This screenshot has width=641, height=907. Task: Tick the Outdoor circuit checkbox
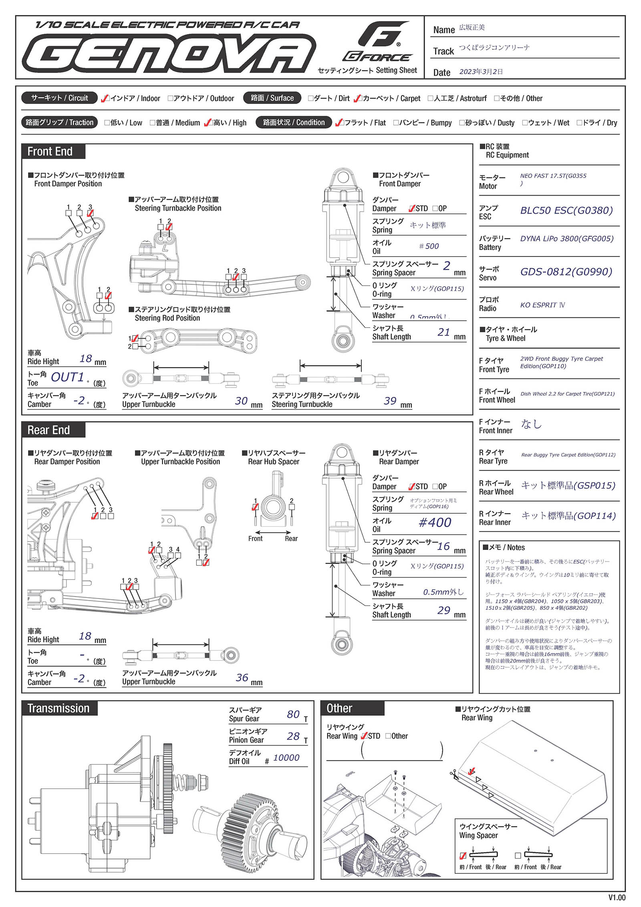coord(171,99)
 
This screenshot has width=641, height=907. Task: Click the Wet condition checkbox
coord(525,123)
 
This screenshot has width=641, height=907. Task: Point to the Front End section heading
coord(50,152)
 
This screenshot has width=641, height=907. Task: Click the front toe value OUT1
coord(67,378)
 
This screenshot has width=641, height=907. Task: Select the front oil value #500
coord(429,246)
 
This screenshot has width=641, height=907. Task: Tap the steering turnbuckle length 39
coord(390,401)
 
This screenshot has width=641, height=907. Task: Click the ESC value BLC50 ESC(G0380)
coord(566,211)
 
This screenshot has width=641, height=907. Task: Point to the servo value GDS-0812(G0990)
coord(566,272)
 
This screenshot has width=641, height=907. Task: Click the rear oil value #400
coord(435,523)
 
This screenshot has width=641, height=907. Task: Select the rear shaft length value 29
coord(443,610)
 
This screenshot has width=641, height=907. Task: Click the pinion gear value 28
coord(293,736)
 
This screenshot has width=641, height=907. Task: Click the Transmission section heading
coord(58,709)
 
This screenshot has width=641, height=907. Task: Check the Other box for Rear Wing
coord(388,736)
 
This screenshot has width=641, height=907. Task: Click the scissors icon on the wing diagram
coord(454,774)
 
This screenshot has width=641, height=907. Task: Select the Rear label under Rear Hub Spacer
coord(291,539)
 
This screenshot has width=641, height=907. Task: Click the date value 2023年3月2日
coord(481,72)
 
